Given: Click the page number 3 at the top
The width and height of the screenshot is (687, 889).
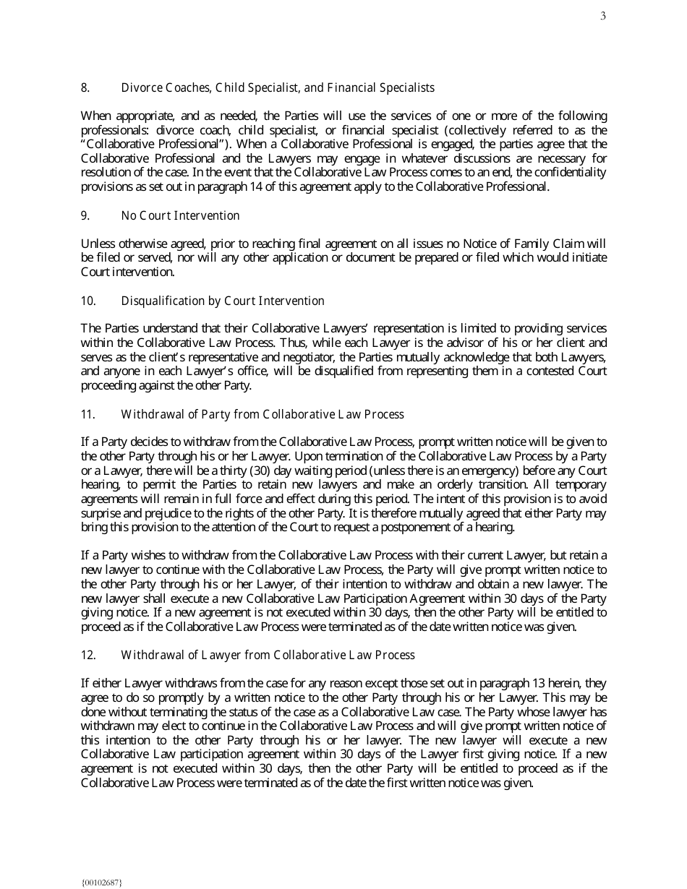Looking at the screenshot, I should [603, 17].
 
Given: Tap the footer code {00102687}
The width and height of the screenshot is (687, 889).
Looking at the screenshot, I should [102, 882].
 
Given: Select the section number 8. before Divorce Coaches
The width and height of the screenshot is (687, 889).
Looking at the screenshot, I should [85, 88].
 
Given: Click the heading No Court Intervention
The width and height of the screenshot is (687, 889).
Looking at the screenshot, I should [180, 216].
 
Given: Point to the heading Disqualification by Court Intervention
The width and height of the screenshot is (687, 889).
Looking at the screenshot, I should [223, 301].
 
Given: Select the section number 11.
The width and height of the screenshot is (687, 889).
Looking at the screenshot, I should [88, 415].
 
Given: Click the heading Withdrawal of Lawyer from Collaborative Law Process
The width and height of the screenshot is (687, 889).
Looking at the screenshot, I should [268, 656].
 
